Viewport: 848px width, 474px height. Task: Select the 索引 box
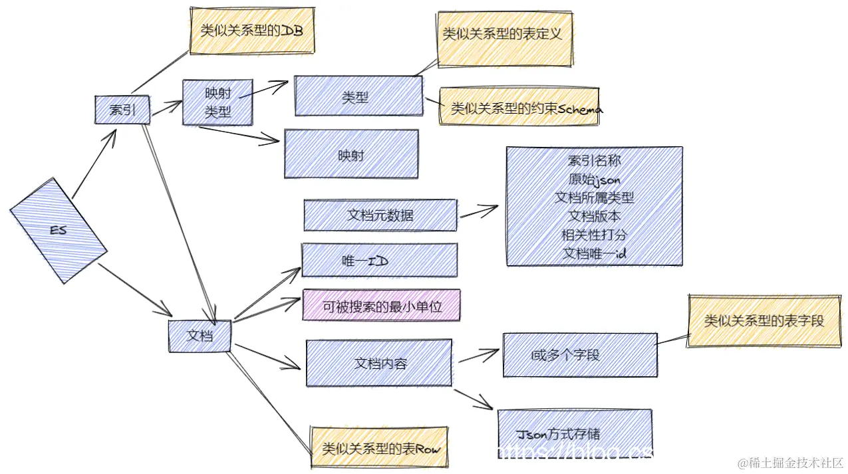pyautogui.click(x=122, y=110)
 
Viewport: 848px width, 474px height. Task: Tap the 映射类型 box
pyautogui.click(x=217, y=102)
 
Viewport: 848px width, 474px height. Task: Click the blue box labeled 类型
pyautogui.click(x=358, y=96)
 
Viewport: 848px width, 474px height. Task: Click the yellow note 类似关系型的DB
pyautogui.click(x=251, y=31)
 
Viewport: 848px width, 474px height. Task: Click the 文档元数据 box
pyautogui.click(x=380, y=215)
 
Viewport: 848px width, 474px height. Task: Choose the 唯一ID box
pyautogui.click(x=379, y=260)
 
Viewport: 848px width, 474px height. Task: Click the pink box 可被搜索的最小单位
pyautogui.click(x=382, y=306)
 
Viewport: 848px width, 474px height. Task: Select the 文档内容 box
pyautogui.click(x=379, y=363)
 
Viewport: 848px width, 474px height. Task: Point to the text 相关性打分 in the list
pyautogui.click(x=594, y=235)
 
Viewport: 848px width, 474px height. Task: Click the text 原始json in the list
pyautogui.click(x=594, y=179)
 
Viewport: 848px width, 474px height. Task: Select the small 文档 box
pyautogui.click(x=200, y=336)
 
